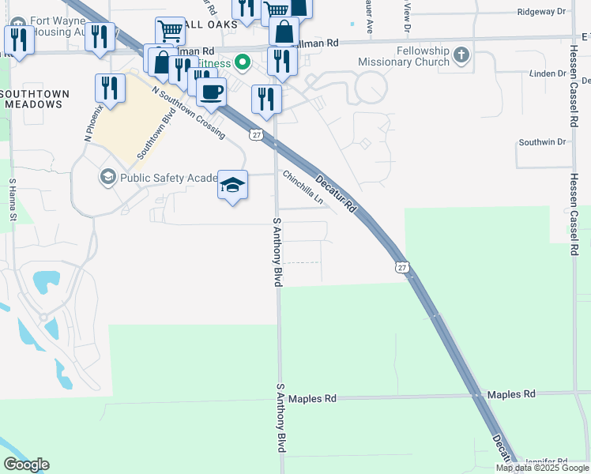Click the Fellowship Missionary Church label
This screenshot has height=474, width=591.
click(x=403, y=56)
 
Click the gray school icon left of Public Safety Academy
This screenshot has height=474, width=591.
click(x=107, y=176)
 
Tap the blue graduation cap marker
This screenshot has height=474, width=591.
click(x=232, y=186)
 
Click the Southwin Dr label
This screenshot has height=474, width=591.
click(x=543, y=142)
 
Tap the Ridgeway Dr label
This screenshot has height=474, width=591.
click(x=541, y=12)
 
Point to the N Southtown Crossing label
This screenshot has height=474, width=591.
click(x=189, y=113)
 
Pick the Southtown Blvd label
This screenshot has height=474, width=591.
click(x=156, y=134)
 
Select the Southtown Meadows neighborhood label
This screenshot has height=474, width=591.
click(x=36, y=99)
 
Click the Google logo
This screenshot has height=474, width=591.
click(x=26, y=465)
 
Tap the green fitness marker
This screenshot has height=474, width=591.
click(x=244, y=62)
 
